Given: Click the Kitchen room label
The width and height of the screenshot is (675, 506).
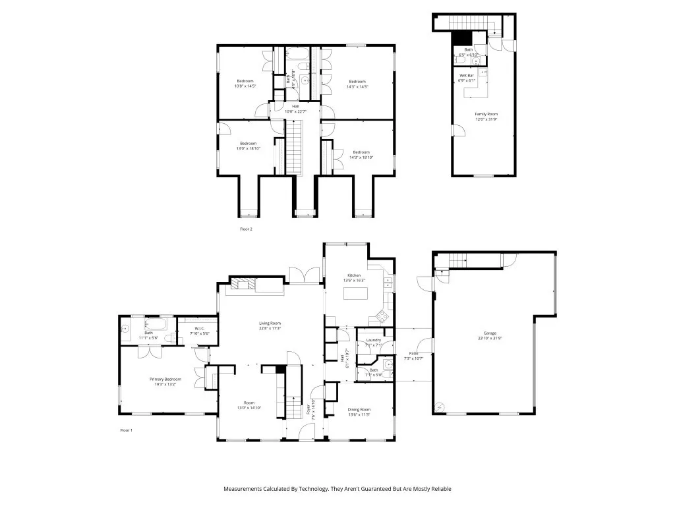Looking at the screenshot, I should [x=355, y=275].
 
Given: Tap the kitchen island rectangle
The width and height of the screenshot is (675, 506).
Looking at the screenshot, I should [x=355, y=291].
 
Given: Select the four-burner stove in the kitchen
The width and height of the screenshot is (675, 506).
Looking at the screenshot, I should [x=381, y=314].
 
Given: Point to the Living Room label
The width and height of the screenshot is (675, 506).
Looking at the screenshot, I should [x=270, y=323].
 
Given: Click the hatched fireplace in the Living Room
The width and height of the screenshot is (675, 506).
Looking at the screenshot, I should [x=241, y=285].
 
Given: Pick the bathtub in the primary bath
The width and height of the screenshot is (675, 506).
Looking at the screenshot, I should [x=158, y=324].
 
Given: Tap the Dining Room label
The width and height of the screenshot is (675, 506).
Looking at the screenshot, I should [x=359, y=409].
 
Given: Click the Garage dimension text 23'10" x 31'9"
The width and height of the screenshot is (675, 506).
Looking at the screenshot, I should [x=490, y=338].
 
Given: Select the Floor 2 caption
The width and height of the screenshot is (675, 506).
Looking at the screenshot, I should [x=246, y=229].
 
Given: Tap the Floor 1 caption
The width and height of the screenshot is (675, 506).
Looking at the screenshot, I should [x=126, y=430].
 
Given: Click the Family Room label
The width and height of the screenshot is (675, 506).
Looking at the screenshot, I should [x=486, y=114].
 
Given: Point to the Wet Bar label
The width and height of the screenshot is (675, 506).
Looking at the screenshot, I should [x=466, y=76].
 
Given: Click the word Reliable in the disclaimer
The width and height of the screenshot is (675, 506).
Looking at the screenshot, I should [x=440, y=489].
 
